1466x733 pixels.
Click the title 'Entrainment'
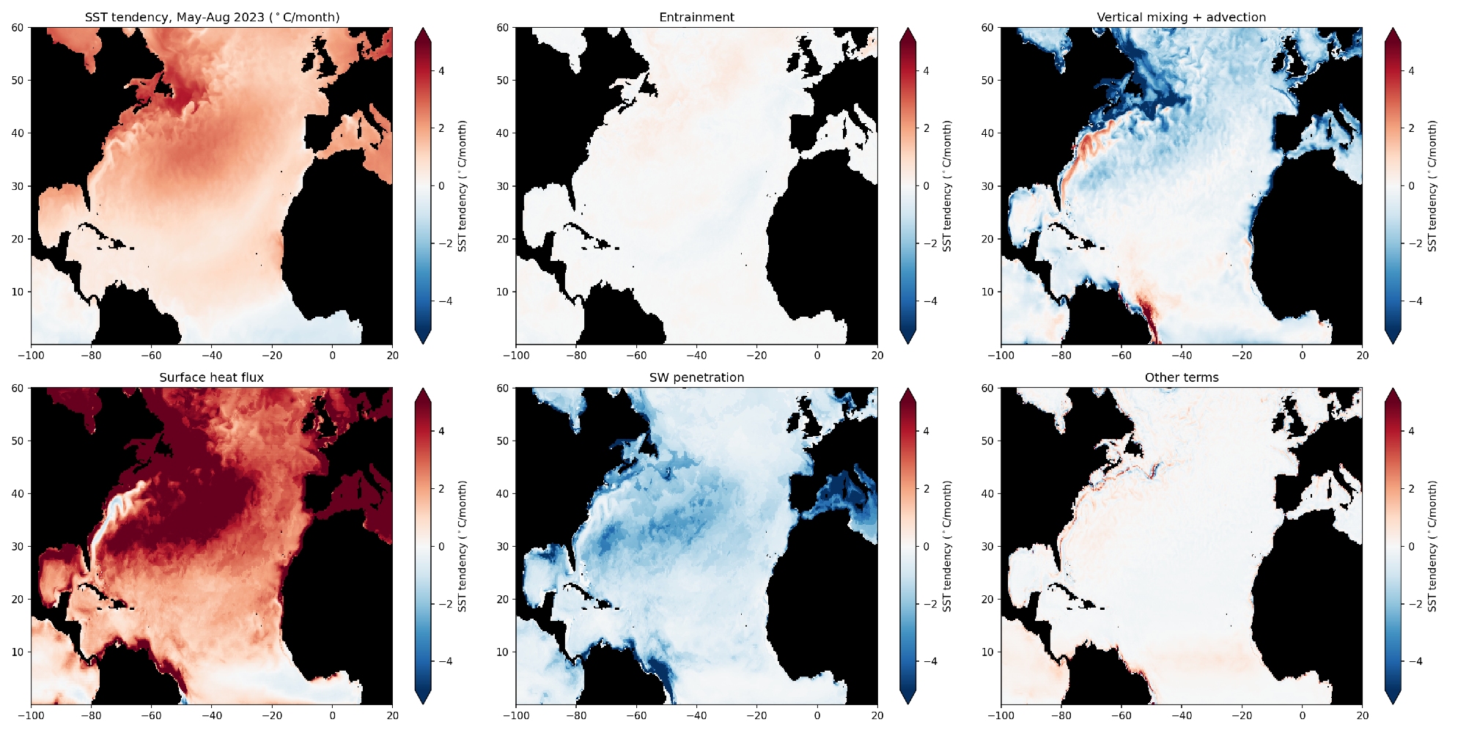[696, 18]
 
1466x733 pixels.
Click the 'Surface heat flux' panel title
[211, 377]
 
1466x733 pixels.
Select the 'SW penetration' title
[696, 377]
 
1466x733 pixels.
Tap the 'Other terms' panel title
[1182, 377]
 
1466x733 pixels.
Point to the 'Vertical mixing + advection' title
[1181, 18]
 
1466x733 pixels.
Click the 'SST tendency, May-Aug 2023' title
[212, 18]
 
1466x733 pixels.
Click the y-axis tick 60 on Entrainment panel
[502, 28]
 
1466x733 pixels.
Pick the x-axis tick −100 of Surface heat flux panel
[31, 715]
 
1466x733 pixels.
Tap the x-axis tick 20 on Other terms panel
[1362, 715]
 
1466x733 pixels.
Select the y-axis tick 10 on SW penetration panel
[502, 652]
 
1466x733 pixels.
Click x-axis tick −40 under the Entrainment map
[696, 356]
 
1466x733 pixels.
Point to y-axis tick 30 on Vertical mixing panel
[987, 186]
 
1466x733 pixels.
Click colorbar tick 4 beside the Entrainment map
[926, 71]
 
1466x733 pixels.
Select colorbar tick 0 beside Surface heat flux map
[441, 546]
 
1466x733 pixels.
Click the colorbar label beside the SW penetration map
[947, 546]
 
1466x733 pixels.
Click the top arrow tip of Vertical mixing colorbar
[1393, 29]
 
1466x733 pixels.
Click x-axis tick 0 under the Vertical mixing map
[1302, 356]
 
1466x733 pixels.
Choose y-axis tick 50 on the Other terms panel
[987, 441]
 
